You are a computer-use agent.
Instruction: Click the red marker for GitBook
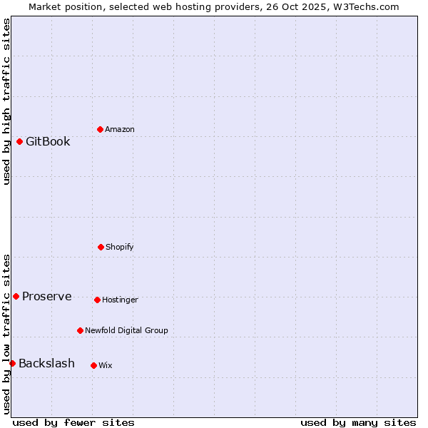point(19,141)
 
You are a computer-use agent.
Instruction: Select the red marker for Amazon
point(100,129)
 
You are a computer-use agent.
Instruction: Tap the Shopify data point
point(101,247)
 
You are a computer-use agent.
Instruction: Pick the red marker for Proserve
point(16,296)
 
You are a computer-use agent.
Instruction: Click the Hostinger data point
point(97,300)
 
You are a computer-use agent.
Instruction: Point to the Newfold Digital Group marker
point(80,330)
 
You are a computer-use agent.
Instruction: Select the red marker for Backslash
point(12,363)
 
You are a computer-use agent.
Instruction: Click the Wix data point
point(93,365)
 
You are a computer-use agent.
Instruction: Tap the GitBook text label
point(48,141)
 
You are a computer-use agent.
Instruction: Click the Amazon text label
point(120,129)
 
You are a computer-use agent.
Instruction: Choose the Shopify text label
point(120,247)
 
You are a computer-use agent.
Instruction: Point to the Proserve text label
point(46,296)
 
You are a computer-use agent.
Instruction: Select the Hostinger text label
point(120,300)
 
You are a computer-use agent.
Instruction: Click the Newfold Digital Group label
point(126,330)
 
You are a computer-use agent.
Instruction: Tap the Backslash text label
point(46,363)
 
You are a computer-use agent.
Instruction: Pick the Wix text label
point(106,365)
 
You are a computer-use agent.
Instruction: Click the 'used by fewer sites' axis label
point(73,422)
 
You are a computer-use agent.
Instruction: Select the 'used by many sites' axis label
point(358,422)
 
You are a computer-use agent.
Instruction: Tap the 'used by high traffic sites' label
point(6,101)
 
